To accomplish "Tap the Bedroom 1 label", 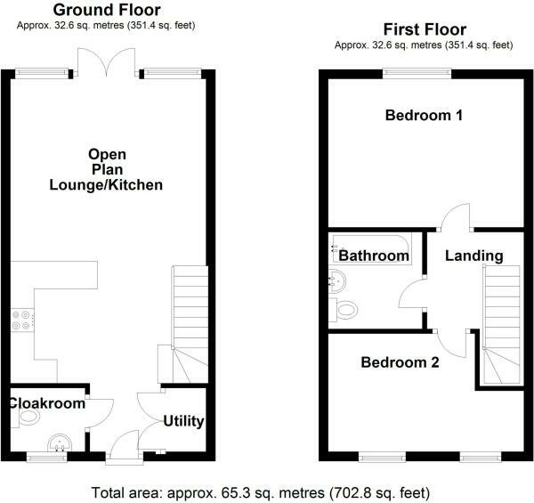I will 424,116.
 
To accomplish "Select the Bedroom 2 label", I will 400,362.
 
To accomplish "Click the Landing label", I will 473,256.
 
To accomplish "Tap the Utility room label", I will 184,421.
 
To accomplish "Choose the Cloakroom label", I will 47,403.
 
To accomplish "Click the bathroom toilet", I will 348,310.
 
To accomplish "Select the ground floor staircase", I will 190,320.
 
